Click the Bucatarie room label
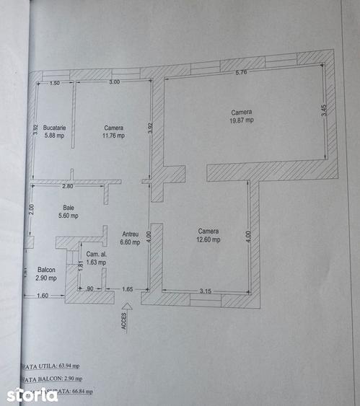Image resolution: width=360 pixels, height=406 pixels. tap(54, 127)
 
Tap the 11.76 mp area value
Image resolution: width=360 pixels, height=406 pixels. tap(113, 135)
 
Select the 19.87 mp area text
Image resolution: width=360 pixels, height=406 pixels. tap(242, 120)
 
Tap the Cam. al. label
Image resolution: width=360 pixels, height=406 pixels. tap(96, 255)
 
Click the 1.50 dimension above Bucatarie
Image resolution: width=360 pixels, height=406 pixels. tap(55, 84)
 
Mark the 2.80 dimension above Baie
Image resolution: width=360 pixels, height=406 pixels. tap(68, 187)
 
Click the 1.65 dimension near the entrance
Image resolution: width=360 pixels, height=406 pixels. tap(127, 289)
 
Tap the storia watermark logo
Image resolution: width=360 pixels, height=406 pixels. tap(32, 394)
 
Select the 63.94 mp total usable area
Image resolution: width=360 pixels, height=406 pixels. tap(63, 366)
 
